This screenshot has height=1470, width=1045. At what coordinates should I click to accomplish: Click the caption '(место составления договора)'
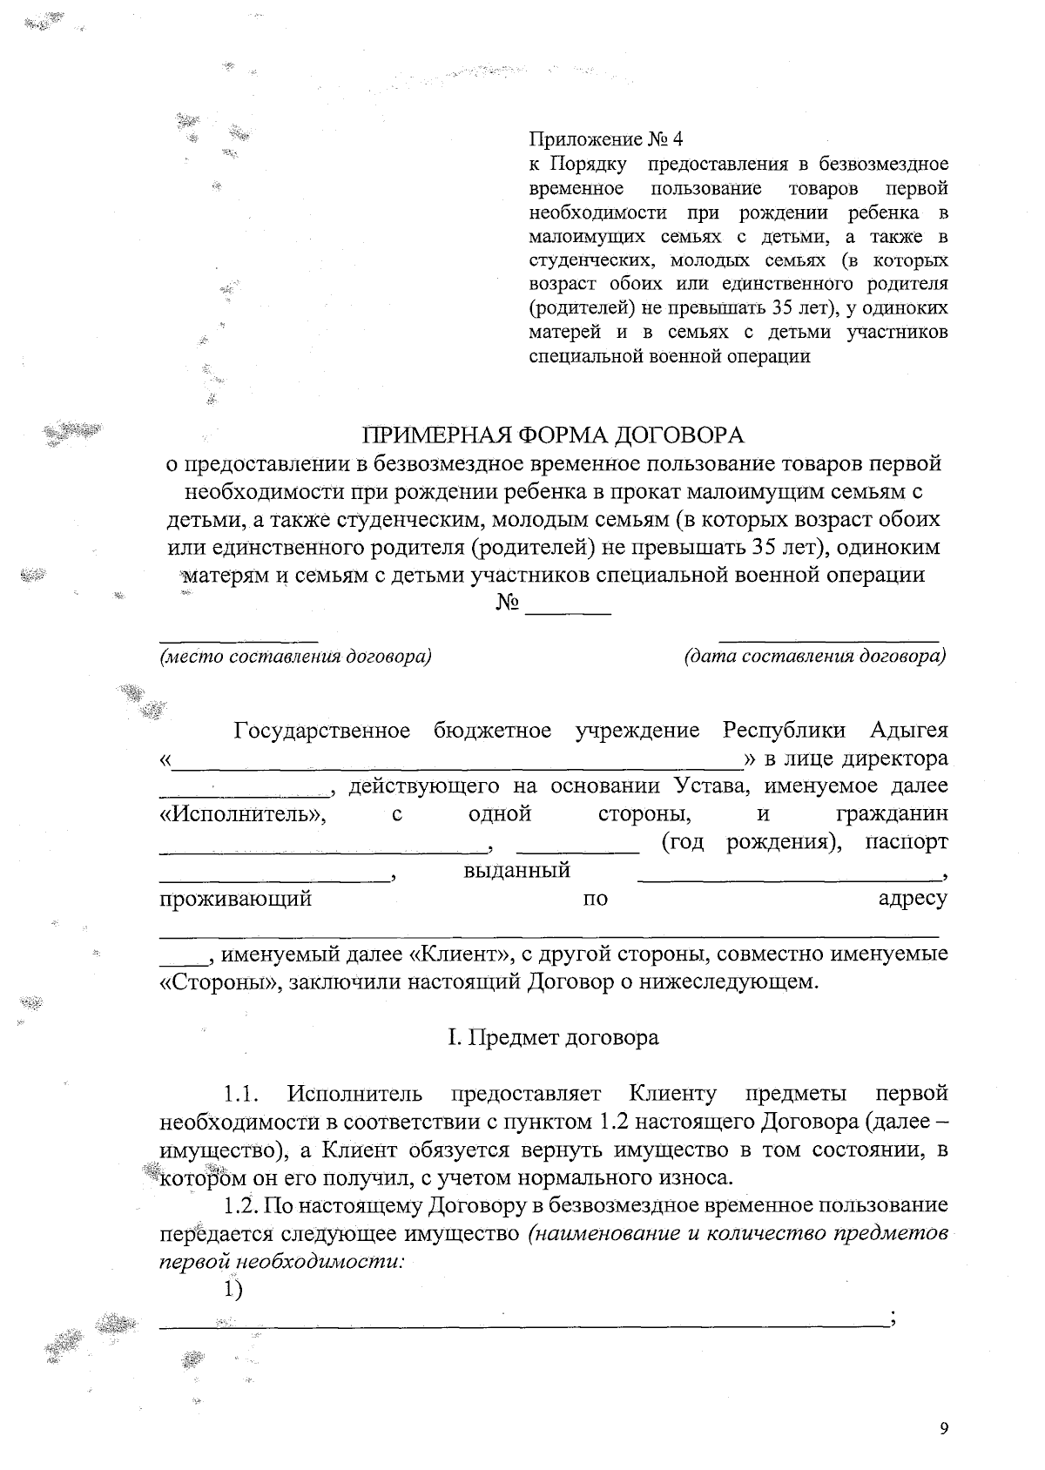(295, 656)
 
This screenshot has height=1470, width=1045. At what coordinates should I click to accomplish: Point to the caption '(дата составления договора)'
(815, 656)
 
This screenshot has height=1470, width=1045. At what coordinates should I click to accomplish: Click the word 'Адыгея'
(909, 730)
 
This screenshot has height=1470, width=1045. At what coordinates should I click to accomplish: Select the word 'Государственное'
(321, 730)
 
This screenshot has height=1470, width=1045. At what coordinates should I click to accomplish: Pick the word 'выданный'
(517, 870)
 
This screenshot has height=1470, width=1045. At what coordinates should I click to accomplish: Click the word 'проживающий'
(235, 899)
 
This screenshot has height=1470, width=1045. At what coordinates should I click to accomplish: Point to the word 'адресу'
(912, 899)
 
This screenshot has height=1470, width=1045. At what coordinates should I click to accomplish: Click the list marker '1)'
(232, 1290)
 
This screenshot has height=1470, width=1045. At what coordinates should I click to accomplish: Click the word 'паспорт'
(907, 842)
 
